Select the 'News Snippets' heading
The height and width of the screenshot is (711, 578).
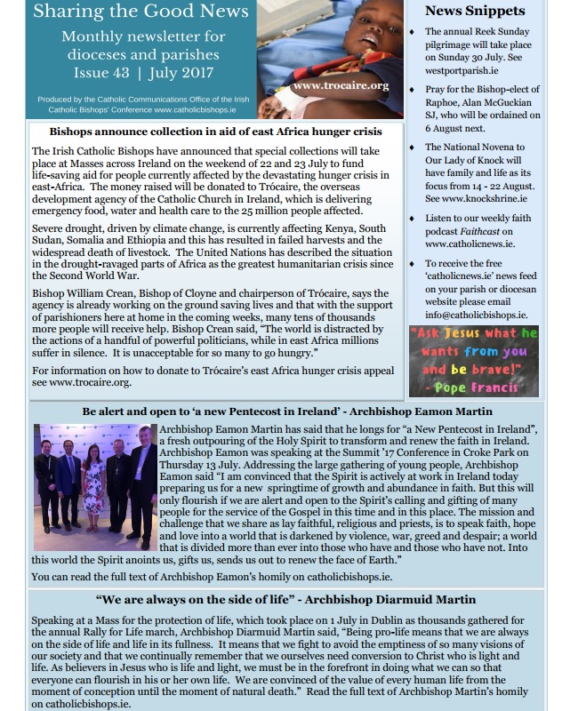point(474,12)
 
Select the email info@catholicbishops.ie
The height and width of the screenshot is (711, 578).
point(476,314)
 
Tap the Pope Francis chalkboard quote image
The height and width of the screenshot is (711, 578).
point(474,360)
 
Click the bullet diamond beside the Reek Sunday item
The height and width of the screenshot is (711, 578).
point(412,33)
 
